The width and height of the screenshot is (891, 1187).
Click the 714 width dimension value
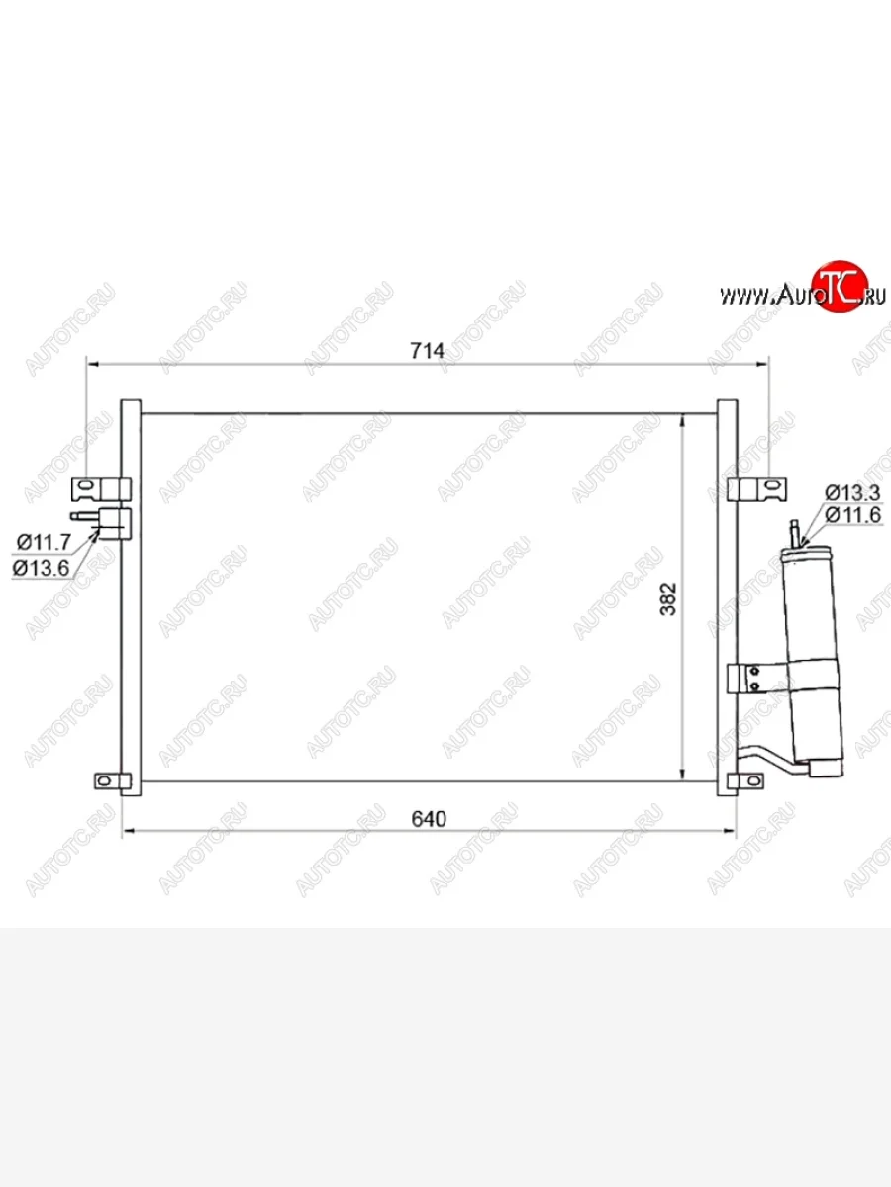click(427, 351)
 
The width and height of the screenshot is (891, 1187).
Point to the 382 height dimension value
click(668, 598)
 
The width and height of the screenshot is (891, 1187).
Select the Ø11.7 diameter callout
click(44, 541)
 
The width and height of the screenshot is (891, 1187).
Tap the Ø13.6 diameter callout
click(42, 567)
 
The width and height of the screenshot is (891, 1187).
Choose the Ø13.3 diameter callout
click(853, 492)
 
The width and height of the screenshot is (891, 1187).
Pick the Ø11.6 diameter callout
click(853, 515)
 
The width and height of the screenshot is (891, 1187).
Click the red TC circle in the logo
click(841, 286)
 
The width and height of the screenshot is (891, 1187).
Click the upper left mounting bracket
click(101, 489)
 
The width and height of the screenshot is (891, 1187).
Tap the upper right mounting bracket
click(757, 489)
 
